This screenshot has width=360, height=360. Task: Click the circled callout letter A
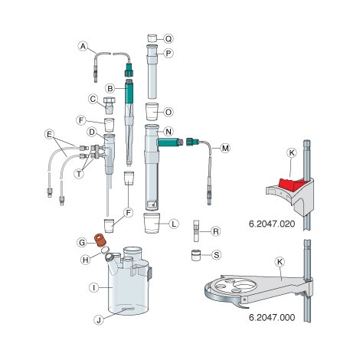click(83, 46)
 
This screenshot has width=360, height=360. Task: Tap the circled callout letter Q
click(169, 38)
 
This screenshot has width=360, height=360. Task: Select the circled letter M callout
click(225, 146)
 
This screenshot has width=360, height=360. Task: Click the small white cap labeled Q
click(152, 38)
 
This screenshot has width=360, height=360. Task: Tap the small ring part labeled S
click(197, 255)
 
